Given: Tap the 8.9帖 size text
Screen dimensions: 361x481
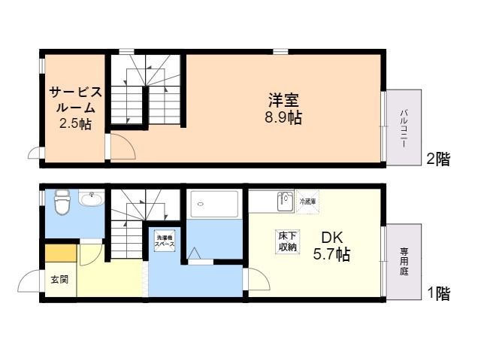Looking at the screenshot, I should click(283, 117).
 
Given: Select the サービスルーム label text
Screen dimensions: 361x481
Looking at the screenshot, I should click(74, 100).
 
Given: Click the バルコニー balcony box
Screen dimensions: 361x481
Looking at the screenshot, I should click(404, 126).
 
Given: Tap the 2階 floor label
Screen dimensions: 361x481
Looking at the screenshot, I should click(438, 159).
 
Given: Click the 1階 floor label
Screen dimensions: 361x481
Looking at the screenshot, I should click(438, 294).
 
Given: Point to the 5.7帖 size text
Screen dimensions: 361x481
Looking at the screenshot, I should click(331, 254).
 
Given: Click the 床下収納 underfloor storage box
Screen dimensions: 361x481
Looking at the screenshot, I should click(287, 241).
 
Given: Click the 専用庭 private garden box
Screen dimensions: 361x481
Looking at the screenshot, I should click(404, 259).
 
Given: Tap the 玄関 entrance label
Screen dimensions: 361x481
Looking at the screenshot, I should click(59, 279).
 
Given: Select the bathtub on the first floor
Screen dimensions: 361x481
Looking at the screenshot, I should click(214, 204).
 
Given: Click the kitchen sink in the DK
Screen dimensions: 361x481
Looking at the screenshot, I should click(284, 202).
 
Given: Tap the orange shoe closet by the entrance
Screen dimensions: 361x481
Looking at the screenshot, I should click(60, 251).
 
